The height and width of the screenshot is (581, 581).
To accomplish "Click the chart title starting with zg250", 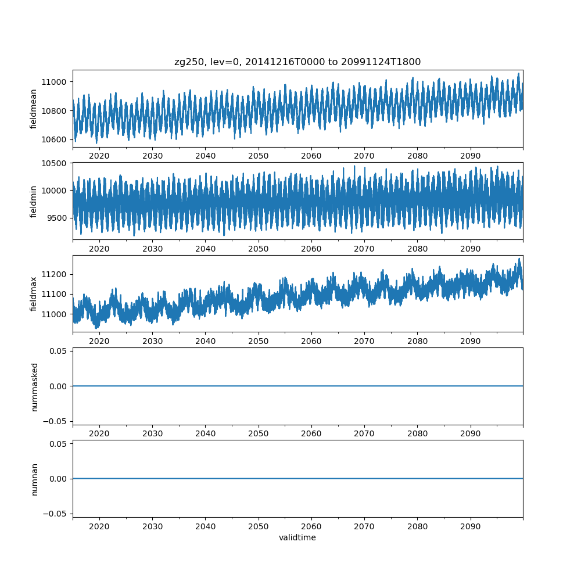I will click(297, 62).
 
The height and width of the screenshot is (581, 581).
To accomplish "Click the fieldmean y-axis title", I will click(34, 109).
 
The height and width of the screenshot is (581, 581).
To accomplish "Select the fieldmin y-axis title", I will click(34, 202).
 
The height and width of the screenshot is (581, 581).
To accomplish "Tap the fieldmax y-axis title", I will click(34, 294).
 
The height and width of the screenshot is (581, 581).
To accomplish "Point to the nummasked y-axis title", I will click(34, 386).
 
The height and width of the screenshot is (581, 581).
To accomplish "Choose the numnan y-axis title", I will click(34, 479).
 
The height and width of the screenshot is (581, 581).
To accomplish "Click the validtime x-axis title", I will click(297, 537).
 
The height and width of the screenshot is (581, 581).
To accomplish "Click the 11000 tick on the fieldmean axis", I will click(55, 81).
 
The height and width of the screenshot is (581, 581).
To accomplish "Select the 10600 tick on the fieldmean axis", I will click(55, 139).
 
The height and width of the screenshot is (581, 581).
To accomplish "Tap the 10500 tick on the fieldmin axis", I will click(55, 163).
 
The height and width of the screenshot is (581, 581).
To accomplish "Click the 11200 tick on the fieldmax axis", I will click(55, 274).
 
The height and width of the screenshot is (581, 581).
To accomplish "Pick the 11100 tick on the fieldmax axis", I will click(55, 294).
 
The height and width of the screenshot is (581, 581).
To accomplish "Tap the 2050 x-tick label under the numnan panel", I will click(259, 526).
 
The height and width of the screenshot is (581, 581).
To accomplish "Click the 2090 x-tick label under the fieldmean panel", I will click(471, 156).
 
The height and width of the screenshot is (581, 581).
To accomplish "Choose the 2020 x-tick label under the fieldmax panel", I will click(99, 341).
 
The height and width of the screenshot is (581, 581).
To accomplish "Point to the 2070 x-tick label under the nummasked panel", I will click(364, 433).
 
